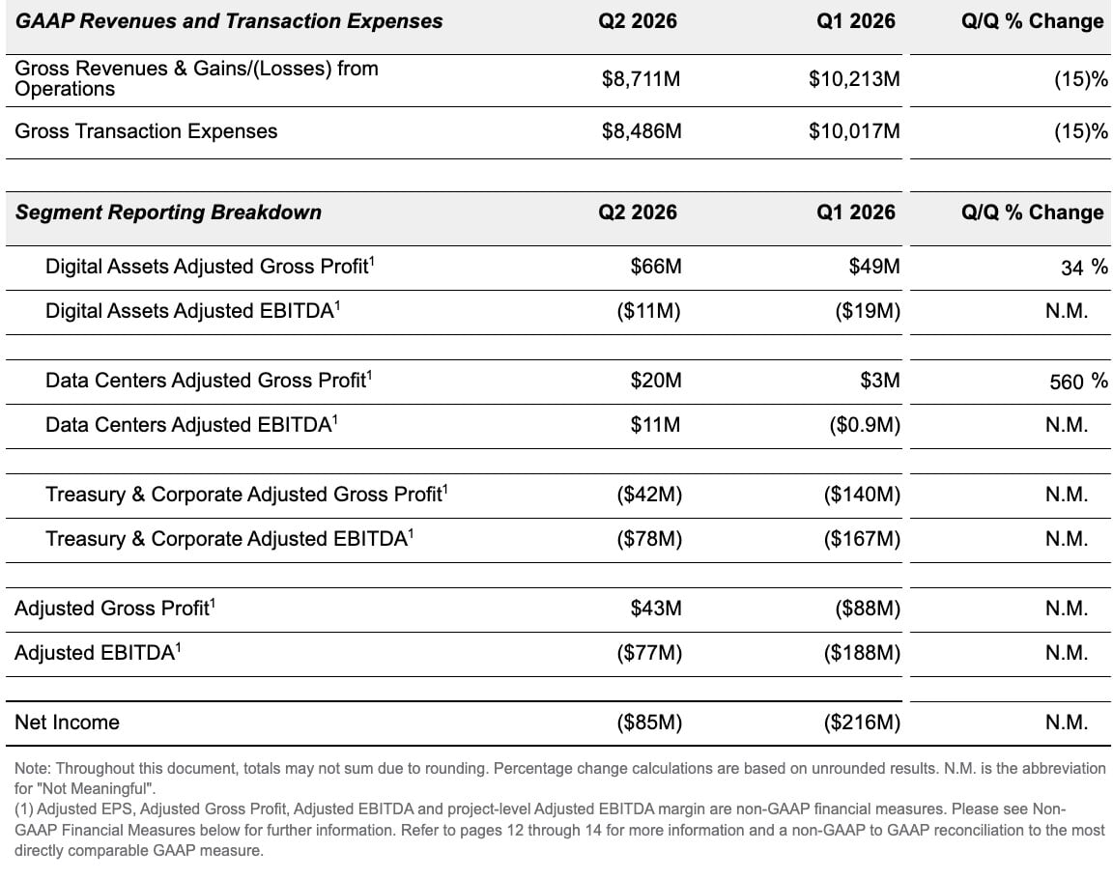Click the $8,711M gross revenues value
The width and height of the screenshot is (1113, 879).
641,78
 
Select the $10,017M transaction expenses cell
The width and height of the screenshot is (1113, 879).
854,131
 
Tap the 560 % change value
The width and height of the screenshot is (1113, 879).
1078,382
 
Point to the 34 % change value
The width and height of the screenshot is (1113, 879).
1084,267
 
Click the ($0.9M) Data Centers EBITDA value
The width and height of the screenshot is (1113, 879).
865,425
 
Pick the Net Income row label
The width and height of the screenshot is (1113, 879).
67,723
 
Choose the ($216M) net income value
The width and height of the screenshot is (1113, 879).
862,723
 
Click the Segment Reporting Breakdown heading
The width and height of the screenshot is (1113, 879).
168,213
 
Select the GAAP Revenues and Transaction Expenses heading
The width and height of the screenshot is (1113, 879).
229,21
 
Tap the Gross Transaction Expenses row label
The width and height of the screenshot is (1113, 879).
146,131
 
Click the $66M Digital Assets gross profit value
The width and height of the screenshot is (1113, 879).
656,266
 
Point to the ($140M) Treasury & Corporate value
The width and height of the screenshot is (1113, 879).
862,495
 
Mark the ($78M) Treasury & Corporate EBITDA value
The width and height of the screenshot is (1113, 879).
649,539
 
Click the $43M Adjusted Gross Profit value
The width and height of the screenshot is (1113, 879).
656,608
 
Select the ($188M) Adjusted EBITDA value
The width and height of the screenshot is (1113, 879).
862,653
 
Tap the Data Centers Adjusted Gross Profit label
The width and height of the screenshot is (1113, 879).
209,381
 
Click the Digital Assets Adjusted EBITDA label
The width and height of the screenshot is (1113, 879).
192,311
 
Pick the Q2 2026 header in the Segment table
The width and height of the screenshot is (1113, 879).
638,213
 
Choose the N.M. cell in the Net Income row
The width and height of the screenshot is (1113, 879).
1067,723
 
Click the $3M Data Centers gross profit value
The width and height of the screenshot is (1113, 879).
879,381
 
